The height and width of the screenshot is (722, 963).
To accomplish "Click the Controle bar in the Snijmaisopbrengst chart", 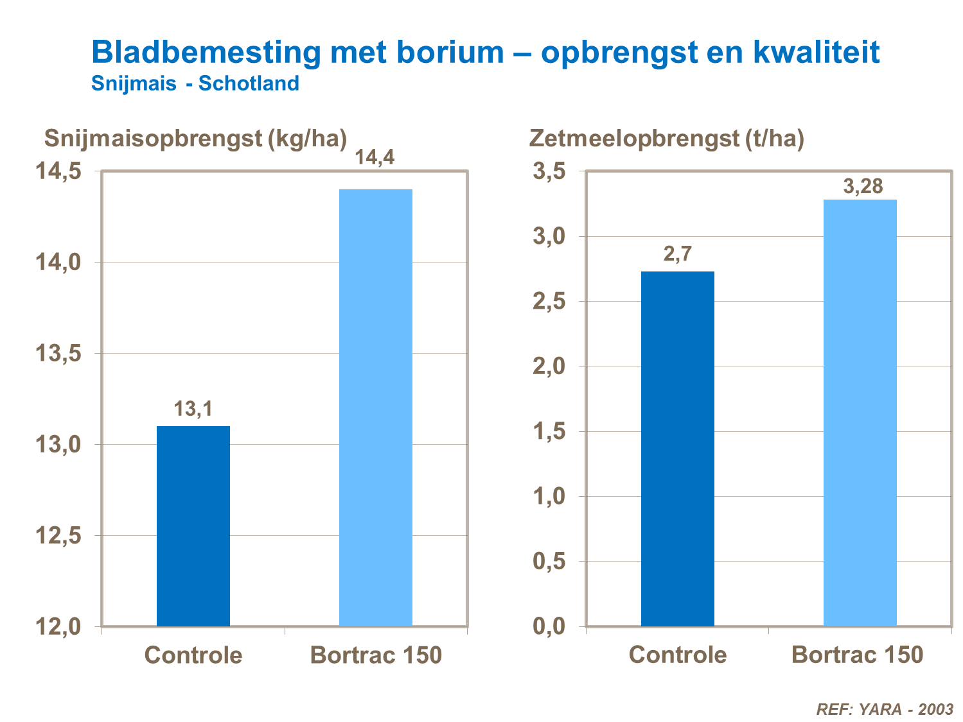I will [193, 526].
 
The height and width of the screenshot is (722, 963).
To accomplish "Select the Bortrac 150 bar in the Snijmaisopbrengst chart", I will [375, 408].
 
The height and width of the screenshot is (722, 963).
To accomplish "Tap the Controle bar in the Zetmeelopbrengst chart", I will [677, 449].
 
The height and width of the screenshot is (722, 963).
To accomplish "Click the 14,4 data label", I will [375, 157].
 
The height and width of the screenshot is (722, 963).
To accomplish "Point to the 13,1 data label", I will [193, 409].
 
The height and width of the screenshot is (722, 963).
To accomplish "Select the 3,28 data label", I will [863, 187].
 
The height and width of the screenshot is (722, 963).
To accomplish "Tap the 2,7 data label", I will [677, 254].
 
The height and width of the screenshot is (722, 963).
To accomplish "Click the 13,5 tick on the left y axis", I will [58, 354].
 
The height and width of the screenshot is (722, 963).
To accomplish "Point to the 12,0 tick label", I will [58, 626].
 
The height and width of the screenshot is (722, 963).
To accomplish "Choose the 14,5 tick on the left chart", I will [58, 171].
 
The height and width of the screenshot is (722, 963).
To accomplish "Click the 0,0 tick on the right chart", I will [549, 626].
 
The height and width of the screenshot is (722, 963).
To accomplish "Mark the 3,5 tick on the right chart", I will [549, 171].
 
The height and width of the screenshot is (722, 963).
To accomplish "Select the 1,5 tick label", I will [549, 431].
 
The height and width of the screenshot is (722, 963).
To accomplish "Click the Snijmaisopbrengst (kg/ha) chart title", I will [195, 138].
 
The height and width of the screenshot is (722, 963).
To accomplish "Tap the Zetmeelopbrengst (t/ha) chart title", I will [666, 138].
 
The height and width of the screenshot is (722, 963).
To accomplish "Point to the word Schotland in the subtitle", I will [249, 83].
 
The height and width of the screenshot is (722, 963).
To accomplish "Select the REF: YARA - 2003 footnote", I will [884, 709].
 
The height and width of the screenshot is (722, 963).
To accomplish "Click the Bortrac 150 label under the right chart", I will [857, 655].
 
